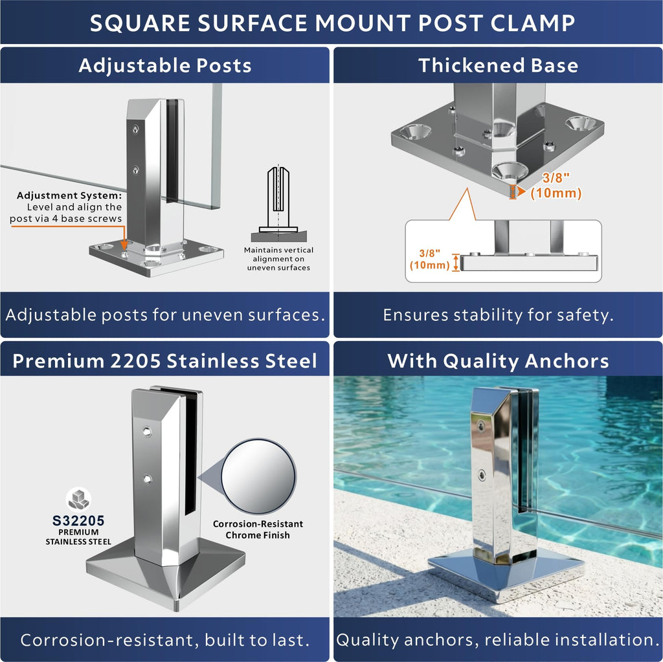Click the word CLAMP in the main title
pos(533,23)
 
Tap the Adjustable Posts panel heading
pos(165,66)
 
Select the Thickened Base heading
pos(498,65)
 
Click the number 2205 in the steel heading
pos(135,361)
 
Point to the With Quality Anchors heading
pos(498,362)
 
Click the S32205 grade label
pos(78,520)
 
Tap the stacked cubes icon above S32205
pos(78,499)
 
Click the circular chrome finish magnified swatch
pos(258,476)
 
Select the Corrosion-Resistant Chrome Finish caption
pos(258,529)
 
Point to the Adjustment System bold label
pos(69,195)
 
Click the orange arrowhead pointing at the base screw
pos(124,245)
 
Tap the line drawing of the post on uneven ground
pos(278,204)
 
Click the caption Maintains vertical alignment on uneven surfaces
pos(278,259)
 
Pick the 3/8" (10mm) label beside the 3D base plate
pos(556,186)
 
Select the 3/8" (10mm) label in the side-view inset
pos(430,259)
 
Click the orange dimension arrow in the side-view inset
pos(456,263)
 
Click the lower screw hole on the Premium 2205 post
pos(147,479)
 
